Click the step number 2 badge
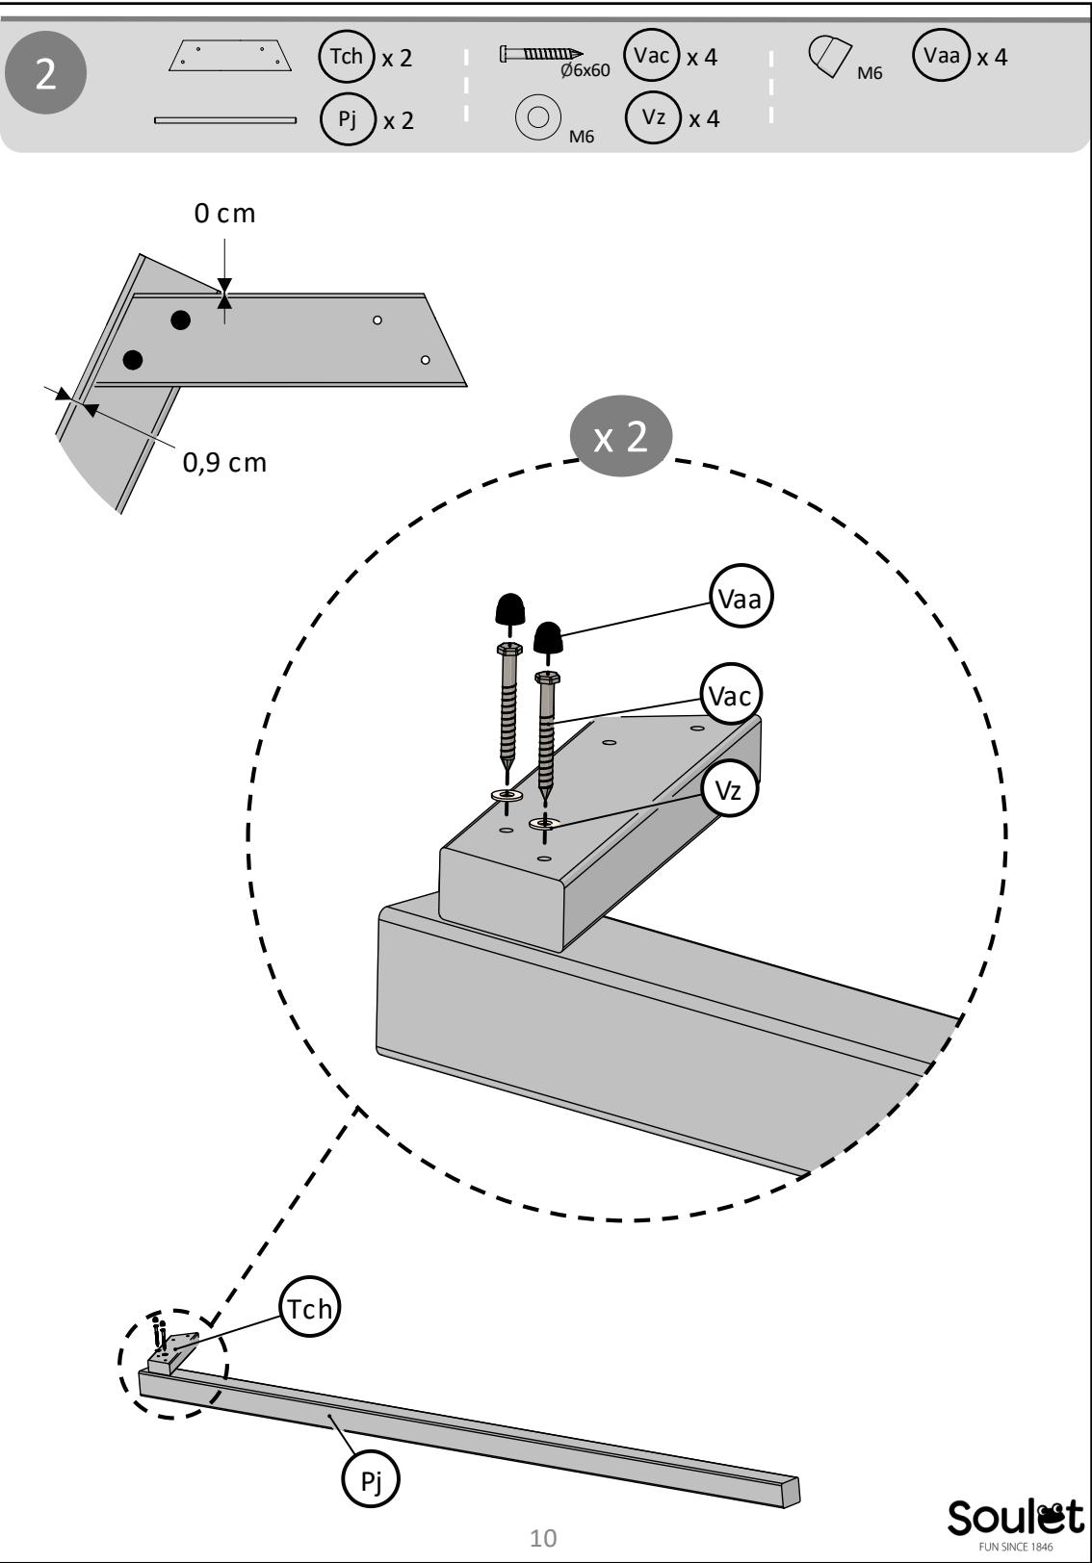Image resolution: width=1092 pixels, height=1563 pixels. tap(45, 72)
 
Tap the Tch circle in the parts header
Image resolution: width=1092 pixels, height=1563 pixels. tap(347, 57)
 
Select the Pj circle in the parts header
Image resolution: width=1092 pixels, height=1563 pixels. tap(348, 119)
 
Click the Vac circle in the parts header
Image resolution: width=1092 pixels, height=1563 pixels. tap(651, 55)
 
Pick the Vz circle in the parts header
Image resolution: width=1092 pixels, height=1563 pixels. tap(653, 117)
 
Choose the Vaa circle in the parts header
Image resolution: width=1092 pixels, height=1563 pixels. tap(941, 55)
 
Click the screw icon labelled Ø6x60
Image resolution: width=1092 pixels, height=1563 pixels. tap(541, 54)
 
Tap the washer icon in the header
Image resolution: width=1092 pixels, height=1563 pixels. tap(537, 116)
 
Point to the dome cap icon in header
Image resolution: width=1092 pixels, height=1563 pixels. tap(829, 56)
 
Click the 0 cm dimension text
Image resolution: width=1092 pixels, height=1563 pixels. tap(224, 214)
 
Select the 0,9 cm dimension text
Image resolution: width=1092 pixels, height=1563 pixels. tap(224, 463)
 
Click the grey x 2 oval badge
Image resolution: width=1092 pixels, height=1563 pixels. tap(621, 436)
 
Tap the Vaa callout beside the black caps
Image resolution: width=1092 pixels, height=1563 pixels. tap(741, 599)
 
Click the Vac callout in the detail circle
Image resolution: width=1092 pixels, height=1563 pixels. tap(730, 696)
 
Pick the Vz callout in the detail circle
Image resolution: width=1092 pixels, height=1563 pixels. tap(729, 790)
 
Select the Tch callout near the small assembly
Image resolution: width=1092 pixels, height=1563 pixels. tap(310, 1309)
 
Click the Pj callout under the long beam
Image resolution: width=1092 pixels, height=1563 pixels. tap(371, 1478)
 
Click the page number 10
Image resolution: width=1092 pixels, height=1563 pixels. tap(543, 1538)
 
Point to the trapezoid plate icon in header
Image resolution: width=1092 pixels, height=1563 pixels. tap(230, 56)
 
